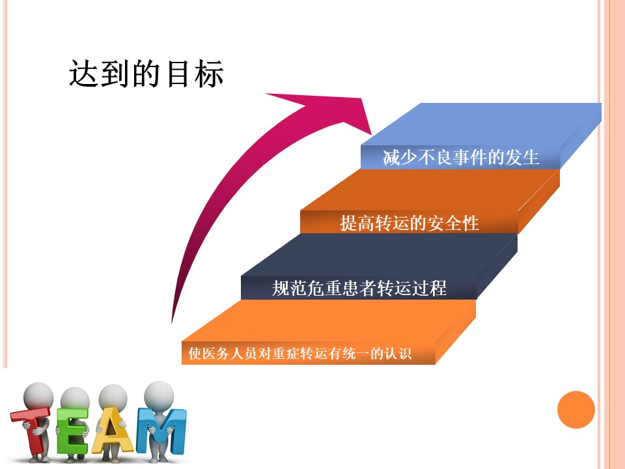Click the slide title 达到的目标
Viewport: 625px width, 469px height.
pyautogui.click(x=146, y=74)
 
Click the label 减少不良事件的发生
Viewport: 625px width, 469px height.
pyautogui.click(x=461, y=157)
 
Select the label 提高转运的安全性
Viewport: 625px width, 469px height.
pyautogui.click(x=409, y=223)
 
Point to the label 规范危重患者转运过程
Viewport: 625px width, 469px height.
pyautogui.click(x=359, y=288)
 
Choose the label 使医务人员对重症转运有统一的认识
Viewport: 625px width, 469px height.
pyautogui.click(x=299, y=353)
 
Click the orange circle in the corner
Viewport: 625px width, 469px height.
pyautogui.click(x=576, y=410)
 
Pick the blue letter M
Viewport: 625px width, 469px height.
pyautogui.click(x=161, y=431)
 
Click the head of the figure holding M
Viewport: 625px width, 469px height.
pyautogui.click(x=159, y=395)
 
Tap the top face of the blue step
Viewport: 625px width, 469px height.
pyautogui.click(x=481, y=124)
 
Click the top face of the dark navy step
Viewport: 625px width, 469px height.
pyautogui.click(x=379, y=255)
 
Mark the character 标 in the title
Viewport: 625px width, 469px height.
pyautogui.click(x=209, y=74)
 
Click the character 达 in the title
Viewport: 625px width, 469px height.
pyautogui.click(x=84, y=74)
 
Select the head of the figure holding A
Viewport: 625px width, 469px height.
pyautogui.click(x=113, y=397)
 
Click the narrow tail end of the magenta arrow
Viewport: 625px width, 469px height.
pyautogui.click(x=172, y=322)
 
